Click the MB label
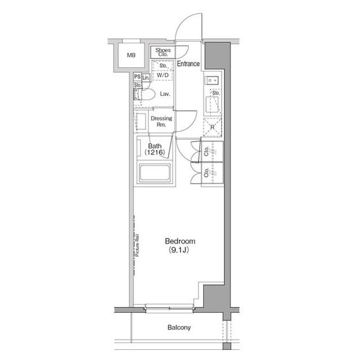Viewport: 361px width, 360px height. pos(131,55)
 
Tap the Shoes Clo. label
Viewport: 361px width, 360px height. pos(163,52)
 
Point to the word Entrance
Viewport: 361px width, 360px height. pos(188,64)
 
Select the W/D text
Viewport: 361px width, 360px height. pos(163,74)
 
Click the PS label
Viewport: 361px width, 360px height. pos(137,77)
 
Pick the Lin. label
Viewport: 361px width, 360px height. pos(146,77)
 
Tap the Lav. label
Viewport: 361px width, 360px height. pos(165,94)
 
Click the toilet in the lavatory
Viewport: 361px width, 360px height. pos(143,96)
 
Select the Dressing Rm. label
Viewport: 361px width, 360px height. pos(161,121)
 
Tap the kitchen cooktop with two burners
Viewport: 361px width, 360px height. pos(213,81)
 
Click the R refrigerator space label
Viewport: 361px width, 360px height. pos(212,127)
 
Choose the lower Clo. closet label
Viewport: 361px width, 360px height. pos(207,173)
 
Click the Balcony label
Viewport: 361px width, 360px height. pos(179,327)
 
